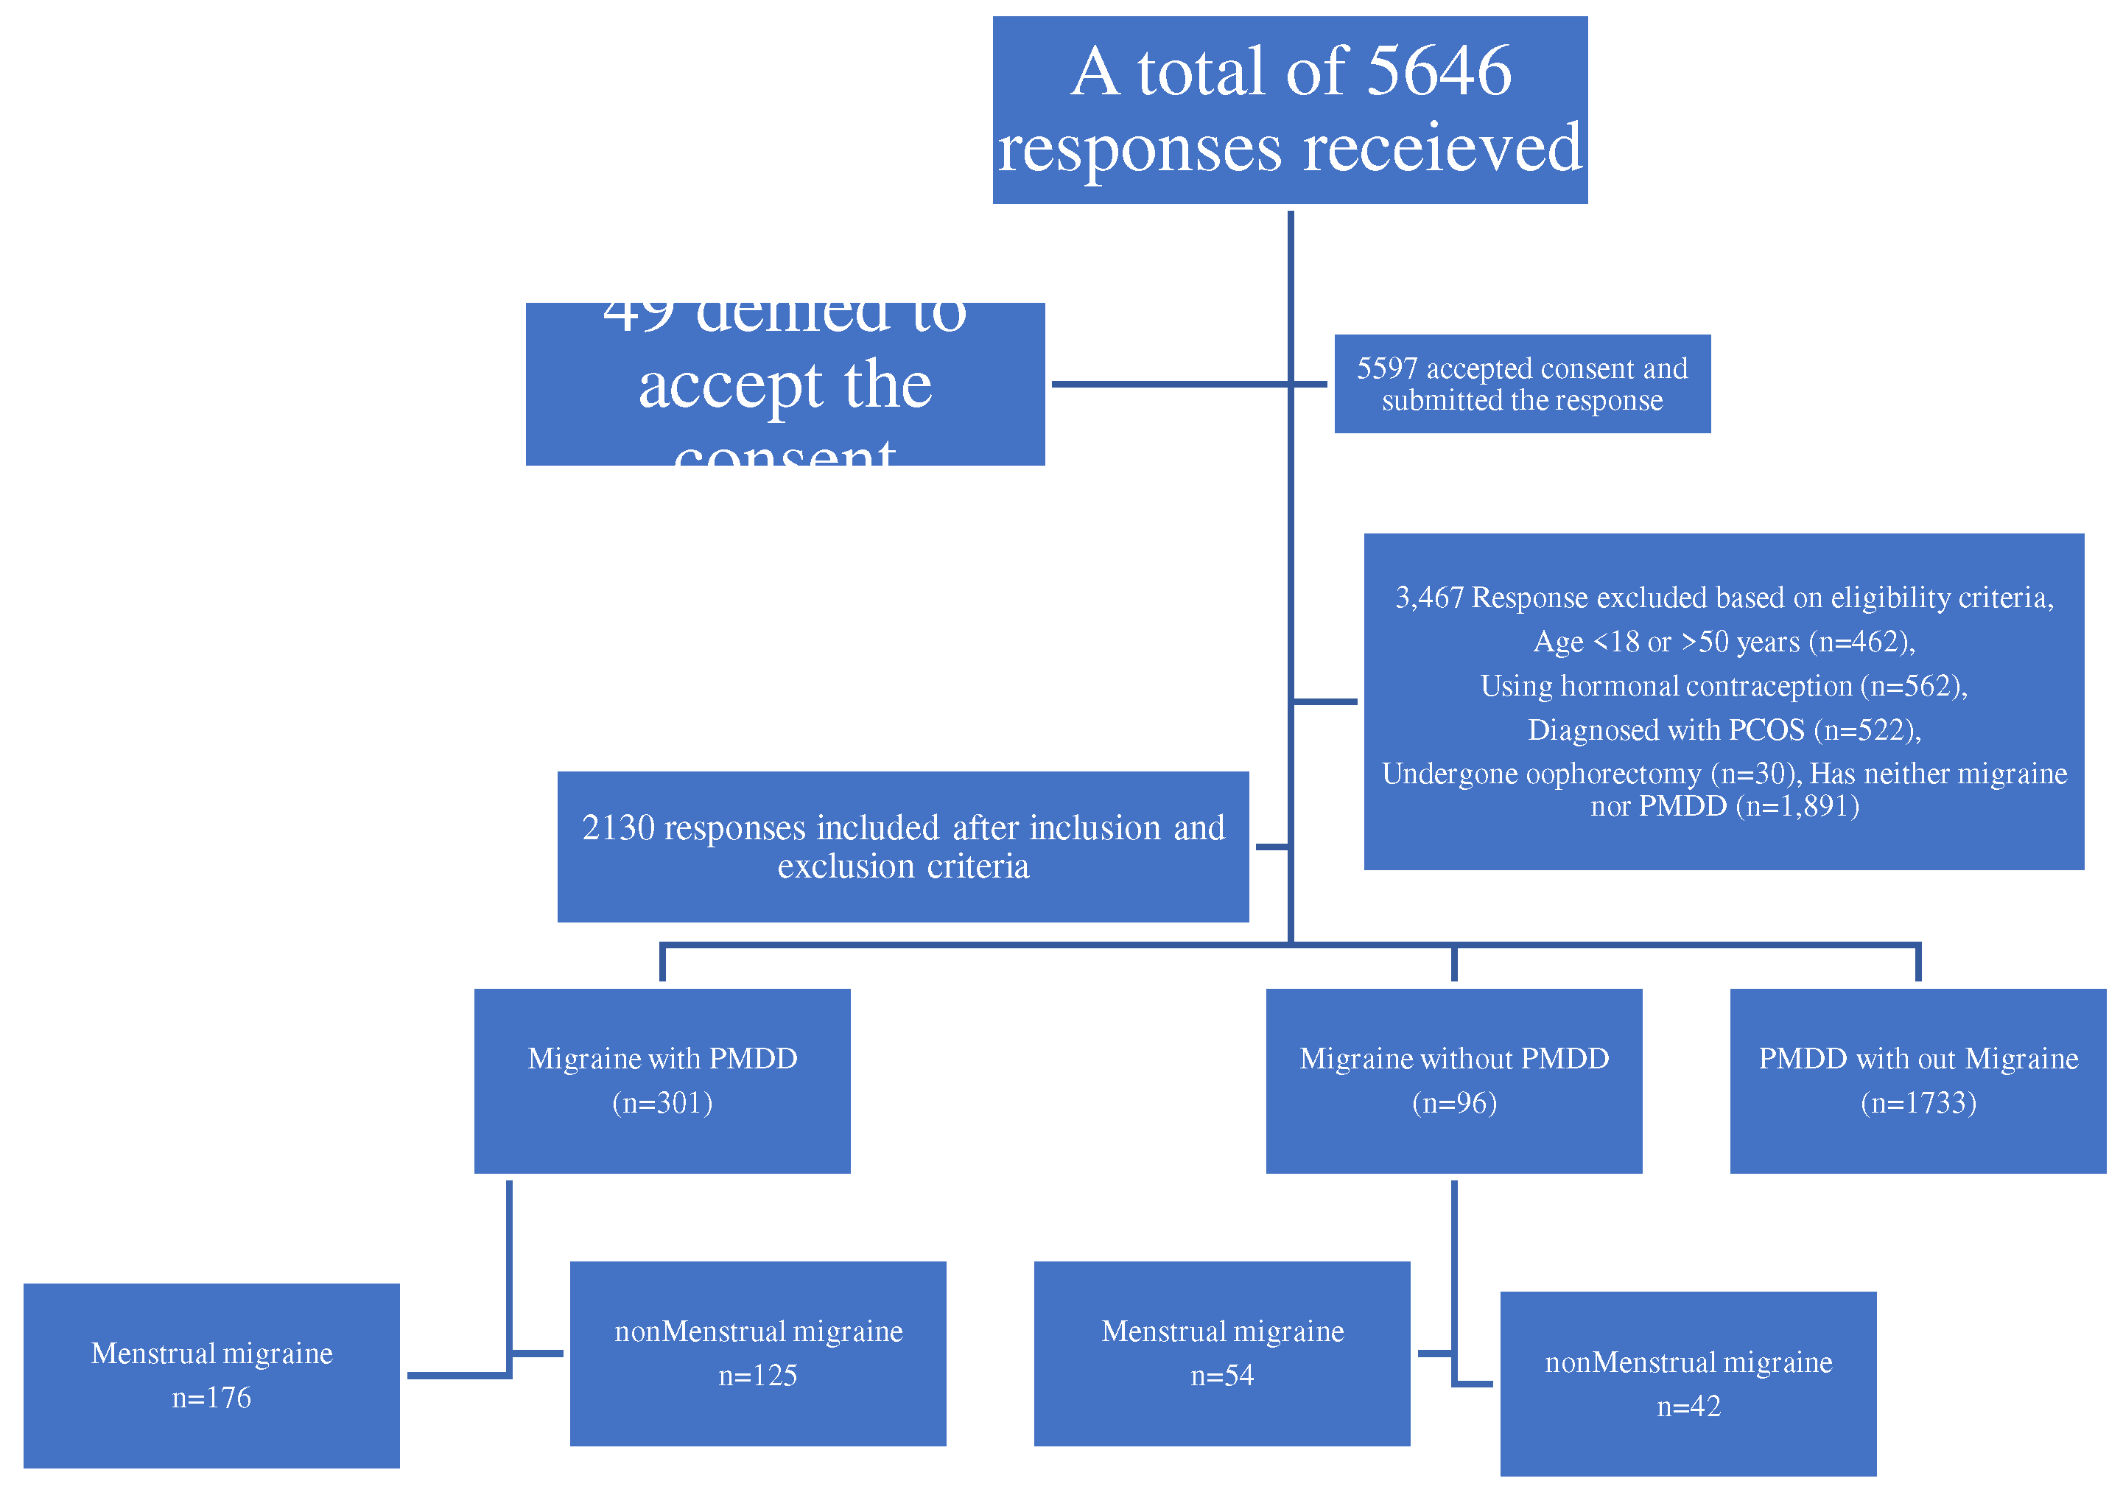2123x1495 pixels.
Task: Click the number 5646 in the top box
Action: tap(1438, 71)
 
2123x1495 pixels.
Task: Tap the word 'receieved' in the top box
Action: tap(1442, 148)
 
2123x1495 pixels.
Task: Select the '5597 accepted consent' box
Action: tap(1522, 384)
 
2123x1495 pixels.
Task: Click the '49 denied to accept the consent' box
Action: tap(785, 384)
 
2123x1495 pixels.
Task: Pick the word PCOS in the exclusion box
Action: tap(1766, 730)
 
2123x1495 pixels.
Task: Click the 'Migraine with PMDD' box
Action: tap(662, 1081)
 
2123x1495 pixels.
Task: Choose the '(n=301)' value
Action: tap(662, 1103)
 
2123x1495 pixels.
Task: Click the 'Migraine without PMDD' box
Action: tap(1453, 1081)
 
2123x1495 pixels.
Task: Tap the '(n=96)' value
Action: tap(1453, 1103)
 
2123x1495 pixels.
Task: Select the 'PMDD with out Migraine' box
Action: tap(1917, 1081)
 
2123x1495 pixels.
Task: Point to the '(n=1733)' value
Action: tap(1917, 1103)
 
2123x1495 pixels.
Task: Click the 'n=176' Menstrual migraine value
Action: tap(211, 1398)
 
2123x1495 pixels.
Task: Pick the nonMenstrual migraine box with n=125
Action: tap(758, 1354)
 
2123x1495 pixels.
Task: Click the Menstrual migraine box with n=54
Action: tap(1221, 1354)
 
